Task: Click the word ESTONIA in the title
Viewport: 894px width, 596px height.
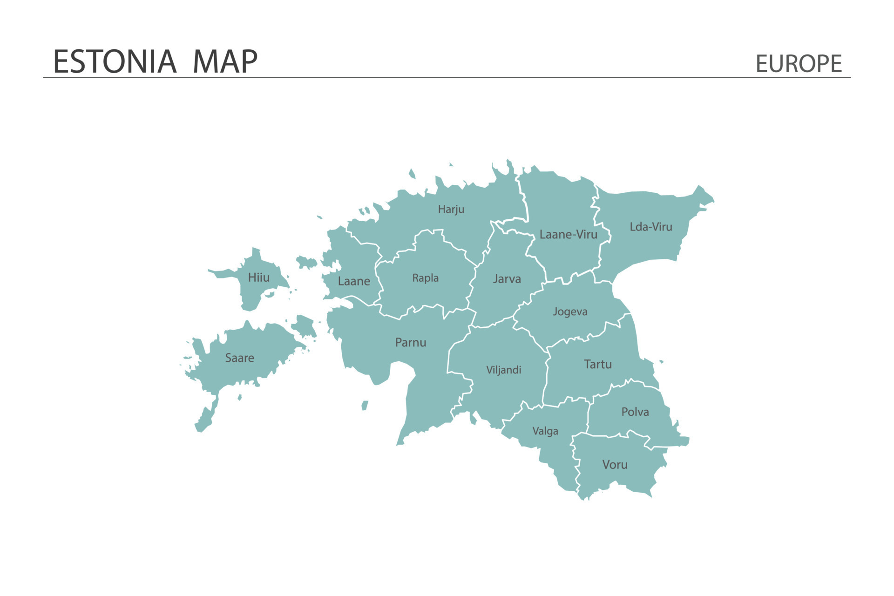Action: coord(115,62)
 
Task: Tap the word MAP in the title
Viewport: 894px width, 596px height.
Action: coord(225,62)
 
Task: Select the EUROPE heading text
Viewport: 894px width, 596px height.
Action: coord(798,64)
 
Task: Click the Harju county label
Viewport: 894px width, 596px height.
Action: coord(451,210)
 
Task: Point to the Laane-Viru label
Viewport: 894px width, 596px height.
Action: coord(568,235)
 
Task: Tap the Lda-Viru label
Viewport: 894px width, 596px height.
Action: coord(650,227)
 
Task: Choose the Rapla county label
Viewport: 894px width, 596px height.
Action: coord(425,278)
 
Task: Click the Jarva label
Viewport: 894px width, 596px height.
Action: coord(507,279)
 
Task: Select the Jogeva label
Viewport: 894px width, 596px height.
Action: coord(570,312)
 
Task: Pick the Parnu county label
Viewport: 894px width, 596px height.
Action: coord(410,343)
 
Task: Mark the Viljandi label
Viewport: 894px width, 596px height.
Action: coord(503,370)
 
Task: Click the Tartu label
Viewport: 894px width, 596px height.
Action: coord(597,364)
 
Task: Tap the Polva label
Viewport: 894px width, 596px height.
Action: coord(635,412)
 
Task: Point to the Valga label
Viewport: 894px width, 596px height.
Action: coord(545,431)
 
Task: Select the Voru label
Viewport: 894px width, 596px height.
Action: coord(615,465)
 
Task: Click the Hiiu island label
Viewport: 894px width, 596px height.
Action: coord(258,278)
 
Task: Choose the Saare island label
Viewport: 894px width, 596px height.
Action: coord(239,358)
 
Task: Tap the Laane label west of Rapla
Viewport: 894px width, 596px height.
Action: coord(353,281)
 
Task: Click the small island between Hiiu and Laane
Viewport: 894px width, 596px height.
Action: coord(306,262)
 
